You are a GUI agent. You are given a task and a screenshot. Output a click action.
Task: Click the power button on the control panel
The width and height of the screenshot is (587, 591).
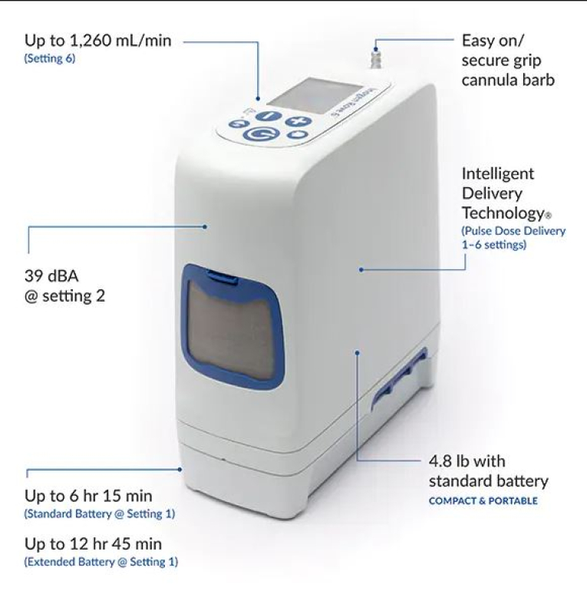pyautogui.click(x=261, y=134)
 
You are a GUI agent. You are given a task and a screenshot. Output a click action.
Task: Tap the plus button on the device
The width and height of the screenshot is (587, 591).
pyautogui.click(x=298, y=121)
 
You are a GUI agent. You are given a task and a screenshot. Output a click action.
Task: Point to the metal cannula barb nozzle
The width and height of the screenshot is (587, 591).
pyautogui.click(x=376, y=58)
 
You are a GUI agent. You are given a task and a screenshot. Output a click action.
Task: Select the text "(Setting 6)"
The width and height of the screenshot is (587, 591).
pyautogui.click(x=50, y=59)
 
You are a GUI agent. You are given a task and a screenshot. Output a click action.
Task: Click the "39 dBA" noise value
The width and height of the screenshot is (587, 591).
pyautogui.click(x=51, y=276)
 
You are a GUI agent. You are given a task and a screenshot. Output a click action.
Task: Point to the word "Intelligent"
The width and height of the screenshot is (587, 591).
pyautogui.click(x=498, y=174)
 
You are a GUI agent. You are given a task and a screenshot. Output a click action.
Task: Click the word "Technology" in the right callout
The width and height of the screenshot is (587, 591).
pyautogui.click(x=503, y=213)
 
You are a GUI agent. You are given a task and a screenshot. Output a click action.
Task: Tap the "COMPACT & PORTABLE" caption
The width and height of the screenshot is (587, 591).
pyautogui.click(x=483, y=501)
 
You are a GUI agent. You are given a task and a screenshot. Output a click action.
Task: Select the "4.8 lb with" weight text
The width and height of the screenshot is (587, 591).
pyautogui.click(x=467, y=461)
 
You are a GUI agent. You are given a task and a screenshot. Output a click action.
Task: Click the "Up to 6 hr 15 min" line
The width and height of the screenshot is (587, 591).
pyautogui.click(x=88, y=496)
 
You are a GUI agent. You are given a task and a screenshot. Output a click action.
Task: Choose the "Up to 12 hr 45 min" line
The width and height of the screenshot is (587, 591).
pyautogui.click(x=93, y=544)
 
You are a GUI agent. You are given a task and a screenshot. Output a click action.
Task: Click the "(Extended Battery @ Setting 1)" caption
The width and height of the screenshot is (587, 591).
pyautogui.click(x=101, y=562)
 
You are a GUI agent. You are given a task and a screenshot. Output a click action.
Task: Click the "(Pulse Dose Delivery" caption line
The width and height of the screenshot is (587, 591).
pyautogui.click(x=513, y=231)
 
